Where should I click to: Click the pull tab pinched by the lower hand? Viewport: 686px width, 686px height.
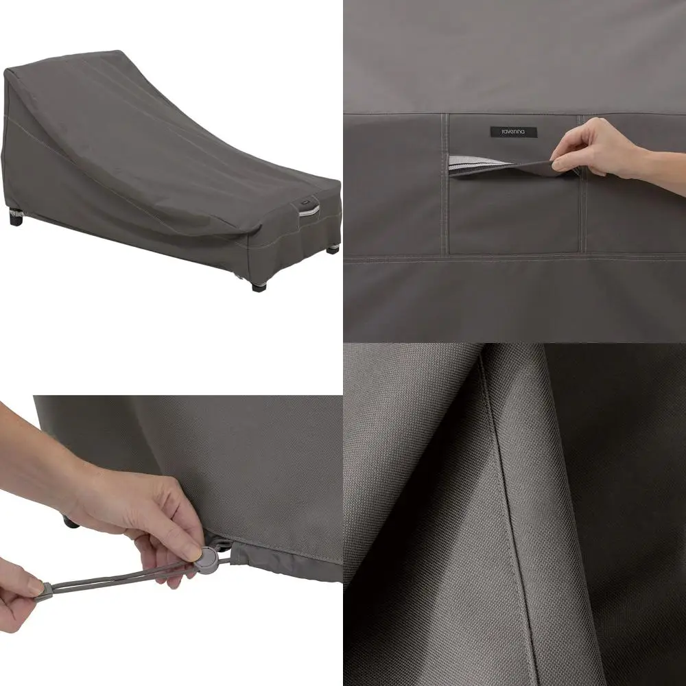(x=43, y=589)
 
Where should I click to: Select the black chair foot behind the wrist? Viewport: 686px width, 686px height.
(x=70, y=522)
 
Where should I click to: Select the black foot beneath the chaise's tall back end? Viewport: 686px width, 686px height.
(x=16, y=220)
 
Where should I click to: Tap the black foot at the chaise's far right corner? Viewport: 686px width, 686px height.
(x=332, y=248)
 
